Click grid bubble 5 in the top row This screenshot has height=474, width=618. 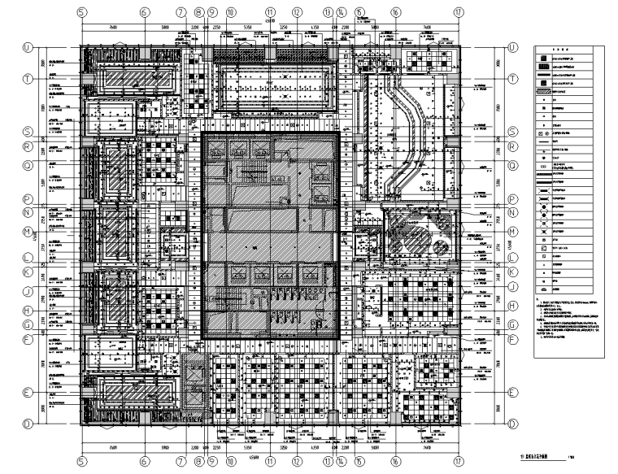pyautogui.click(x=81, y=13)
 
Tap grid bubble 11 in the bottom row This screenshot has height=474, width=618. pyautogui.click(x=269, y=460)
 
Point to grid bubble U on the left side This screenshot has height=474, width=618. pyautogui.click(x=26, y=48)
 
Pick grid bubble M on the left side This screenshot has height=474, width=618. pyautogui.click(x=26, y=231)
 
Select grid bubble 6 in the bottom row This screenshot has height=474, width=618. pyautogui.click(x=143, y=460)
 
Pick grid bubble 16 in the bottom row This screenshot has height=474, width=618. pyautogui.click(x=395, y=460)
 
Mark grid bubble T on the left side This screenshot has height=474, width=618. pyautogui.click(x=26, y=79)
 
